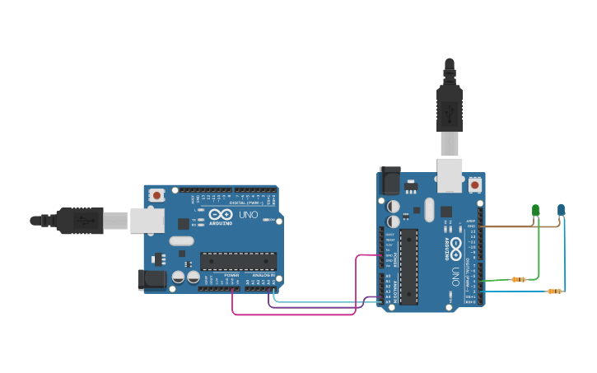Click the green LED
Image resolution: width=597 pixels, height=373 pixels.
(x=535, y=211)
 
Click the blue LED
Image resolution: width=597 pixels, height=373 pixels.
(x=562, y=210)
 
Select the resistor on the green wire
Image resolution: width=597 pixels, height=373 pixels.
(x=518, y=279)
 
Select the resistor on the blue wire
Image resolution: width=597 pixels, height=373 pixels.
(x=554, y=291)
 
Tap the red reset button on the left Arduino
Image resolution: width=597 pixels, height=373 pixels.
(x=156, y=195)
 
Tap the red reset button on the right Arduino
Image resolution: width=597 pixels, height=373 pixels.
(x=474, y=186)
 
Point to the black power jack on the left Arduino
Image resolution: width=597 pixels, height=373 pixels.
(x=152, y=279)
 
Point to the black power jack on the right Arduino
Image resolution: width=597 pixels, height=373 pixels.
(x=389, y=181)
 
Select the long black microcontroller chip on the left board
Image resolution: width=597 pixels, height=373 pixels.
(x=238, y=261)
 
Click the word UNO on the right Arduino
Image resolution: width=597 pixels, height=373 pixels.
(x=455, y=275)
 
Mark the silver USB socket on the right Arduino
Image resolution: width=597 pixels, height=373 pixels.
(x=450, y=175)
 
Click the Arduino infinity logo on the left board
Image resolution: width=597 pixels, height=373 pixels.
(x=221, y=215)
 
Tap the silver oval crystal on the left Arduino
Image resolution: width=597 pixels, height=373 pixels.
(x=182, y=241)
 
